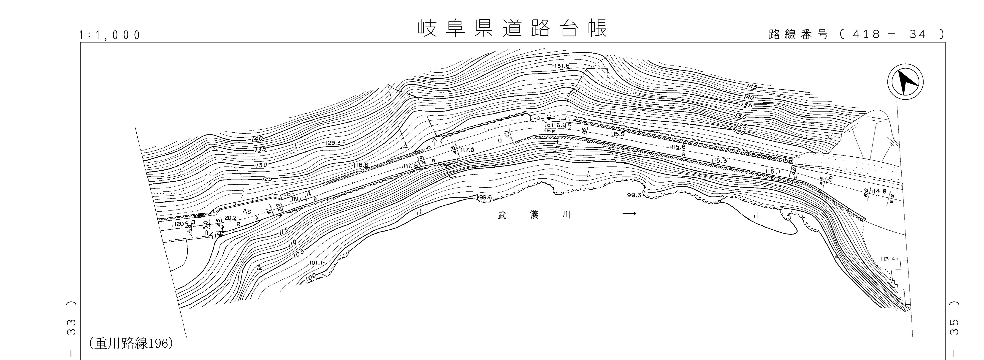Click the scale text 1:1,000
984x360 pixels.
pos(110,35)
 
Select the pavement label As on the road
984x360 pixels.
pos(247,211)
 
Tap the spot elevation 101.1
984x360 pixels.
pos(317,262)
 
